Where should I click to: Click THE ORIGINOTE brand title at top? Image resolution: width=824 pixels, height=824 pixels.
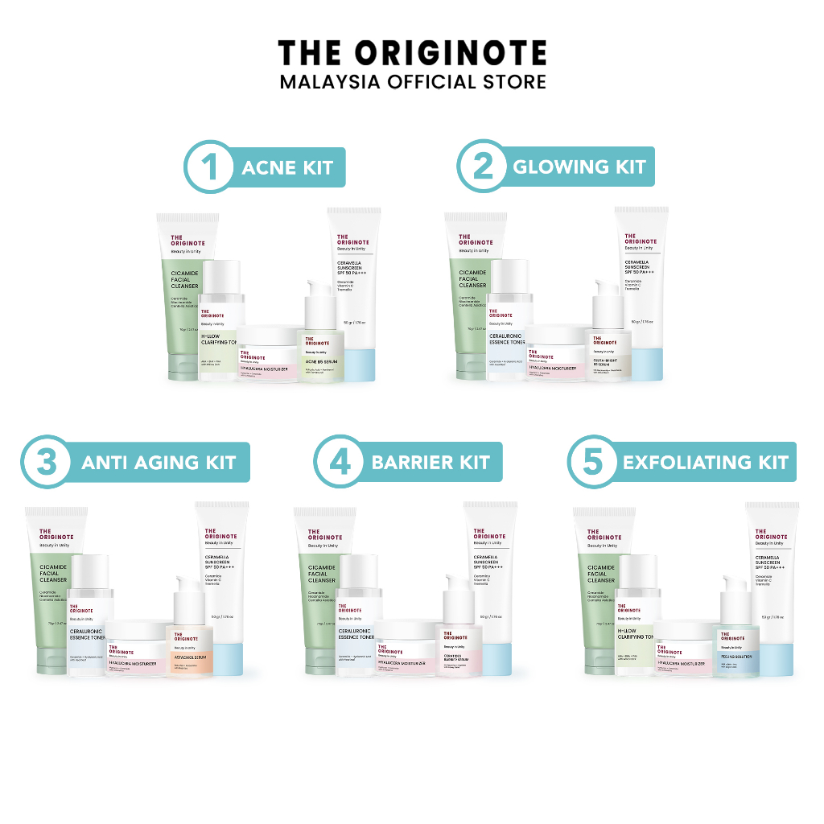(412, 53)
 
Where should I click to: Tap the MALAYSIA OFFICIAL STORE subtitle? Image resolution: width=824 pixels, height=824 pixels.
(412, 82)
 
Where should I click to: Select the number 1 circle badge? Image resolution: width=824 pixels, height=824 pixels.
(208, 167)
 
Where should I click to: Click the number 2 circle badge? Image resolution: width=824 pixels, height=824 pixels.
(481, 167)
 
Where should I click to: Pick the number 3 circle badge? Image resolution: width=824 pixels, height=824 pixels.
(47, 462)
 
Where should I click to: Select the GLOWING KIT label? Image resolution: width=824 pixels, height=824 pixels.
(579, 167)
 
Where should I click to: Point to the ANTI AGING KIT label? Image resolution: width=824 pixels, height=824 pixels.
(159, 463)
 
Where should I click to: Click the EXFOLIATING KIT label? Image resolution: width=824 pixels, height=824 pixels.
(705, 463)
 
